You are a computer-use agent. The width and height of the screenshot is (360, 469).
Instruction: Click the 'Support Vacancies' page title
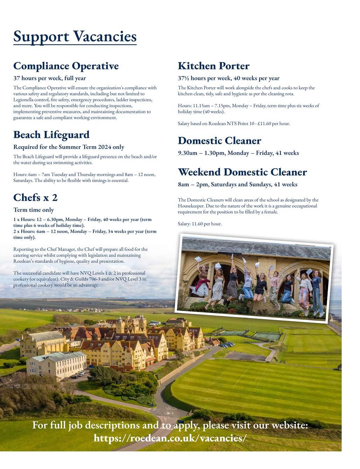75,36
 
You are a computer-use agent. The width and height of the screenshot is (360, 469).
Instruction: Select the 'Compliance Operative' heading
66,66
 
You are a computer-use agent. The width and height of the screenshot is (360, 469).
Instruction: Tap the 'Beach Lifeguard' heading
51,135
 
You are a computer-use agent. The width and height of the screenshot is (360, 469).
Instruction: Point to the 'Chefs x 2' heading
35,198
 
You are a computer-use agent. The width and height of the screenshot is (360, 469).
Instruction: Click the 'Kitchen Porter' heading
214,66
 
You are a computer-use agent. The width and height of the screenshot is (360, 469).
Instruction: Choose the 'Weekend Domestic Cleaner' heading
242,172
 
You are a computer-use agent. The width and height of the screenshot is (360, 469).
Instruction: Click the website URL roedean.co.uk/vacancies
170,438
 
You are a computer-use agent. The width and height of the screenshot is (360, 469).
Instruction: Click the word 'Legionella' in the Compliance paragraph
25,100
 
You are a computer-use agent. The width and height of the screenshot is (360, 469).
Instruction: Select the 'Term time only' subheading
34,210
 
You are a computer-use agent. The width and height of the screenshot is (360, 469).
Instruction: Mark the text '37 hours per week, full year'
49,78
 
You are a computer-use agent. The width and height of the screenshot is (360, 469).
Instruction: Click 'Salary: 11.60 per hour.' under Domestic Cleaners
200,224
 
